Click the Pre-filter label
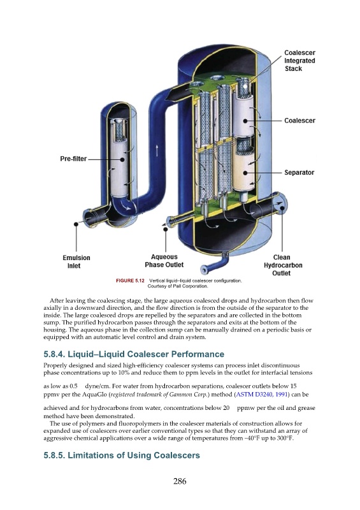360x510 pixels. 73,159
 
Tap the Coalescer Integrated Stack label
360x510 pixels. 299,61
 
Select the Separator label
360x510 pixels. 299,172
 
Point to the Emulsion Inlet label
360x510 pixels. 76,261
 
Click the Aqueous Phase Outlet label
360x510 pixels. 164,261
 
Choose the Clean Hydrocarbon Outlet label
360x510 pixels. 283,265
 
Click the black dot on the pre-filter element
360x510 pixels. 122,160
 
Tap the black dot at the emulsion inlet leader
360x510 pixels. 76,224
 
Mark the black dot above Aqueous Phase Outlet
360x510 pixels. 165,229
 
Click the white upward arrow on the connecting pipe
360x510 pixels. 157,150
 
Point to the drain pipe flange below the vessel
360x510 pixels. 205,270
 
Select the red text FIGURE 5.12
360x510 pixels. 130,280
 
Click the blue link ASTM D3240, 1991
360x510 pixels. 262,395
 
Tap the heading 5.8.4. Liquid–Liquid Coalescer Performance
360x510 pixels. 134,354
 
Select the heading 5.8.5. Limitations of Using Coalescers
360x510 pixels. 122,455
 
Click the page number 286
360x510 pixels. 180,481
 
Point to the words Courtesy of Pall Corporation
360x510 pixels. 178,286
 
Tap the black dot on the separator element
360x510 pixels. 245,173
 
